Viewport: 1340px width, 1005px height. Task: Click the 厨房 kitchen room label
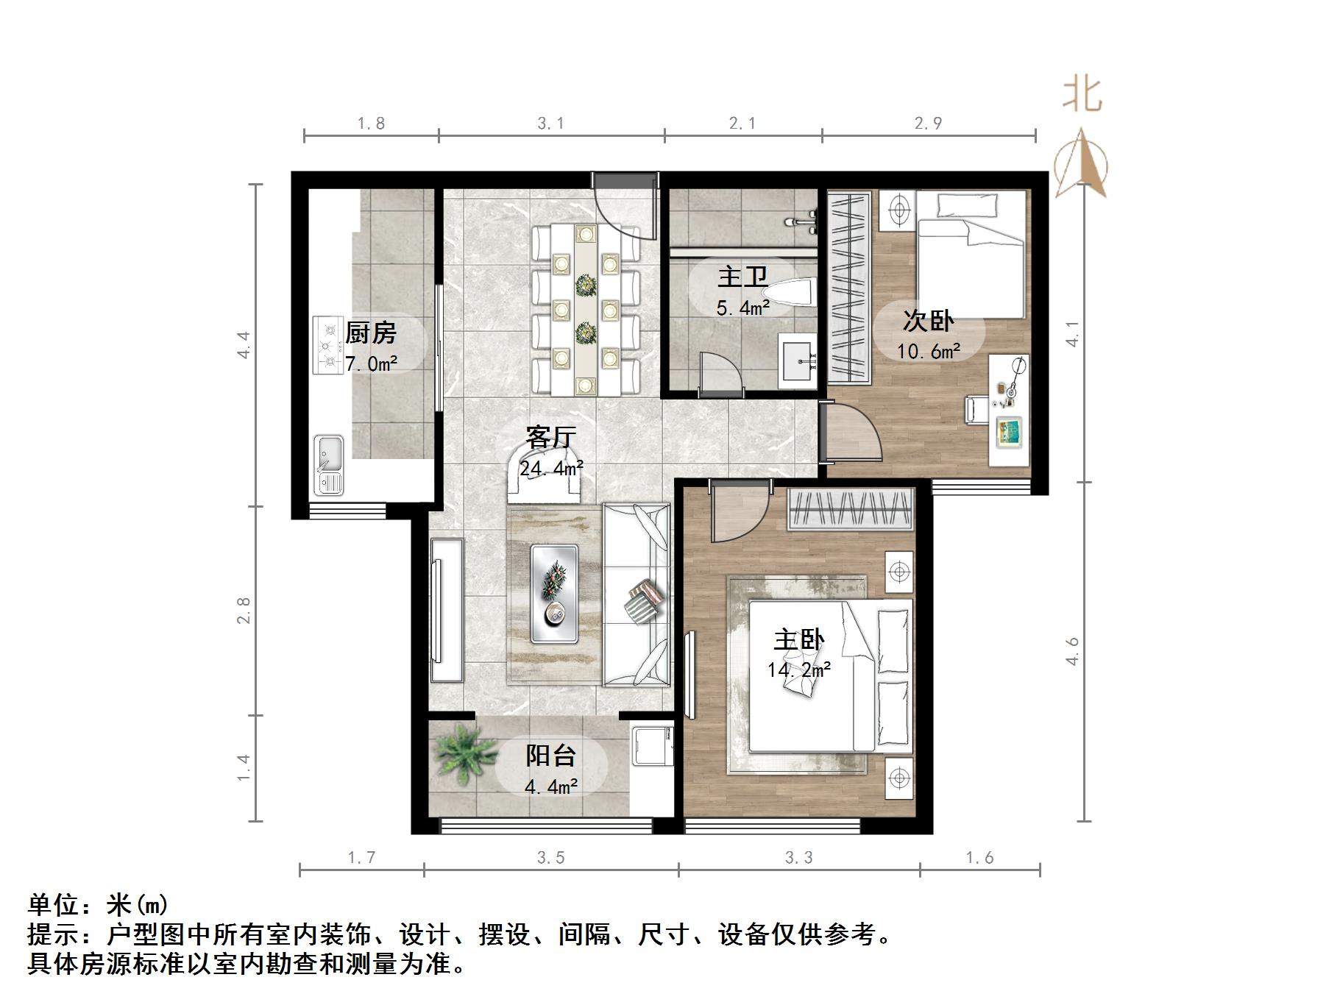click(x=371, y=333)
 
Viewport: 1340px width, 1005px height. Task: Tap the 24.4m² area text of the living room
click(x=552, y=468)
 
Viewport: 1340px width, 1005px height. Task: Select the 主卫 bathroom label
click(x=742, y=277)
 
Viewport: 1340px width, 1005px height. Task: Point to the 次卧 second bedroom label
click(x=928, y=321)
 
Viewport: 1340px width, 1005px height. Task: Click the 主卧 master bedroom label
click(x=798, y=639)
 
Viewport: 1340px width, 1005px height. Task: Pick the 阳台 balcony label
click(x=550, y=756)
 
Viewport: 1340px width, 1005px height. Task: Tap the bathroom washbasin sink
click(x=797, y=360)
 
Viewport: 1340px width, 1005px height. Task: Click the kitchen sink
click(x=329, y=464)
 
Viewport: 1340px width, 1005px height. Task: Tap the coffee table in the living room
click(x=554, y=593)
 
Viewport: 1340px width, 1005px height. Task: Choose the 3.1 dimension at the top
click(x=550, y=124)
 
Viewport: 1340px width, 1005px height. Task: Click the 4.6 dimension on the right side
click(x=1072, y=651)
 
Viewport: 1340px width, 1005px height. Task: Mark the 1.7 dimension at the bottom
click(x=361, y=857)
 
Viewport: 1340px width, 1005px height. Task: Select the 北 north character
click(x=1082, y=96)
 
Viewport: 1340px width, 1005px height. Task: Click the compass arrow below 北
click(x=1081, y=163)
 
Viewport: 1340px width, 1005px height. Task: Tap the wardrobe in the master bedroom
click(x=851, y=508)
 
